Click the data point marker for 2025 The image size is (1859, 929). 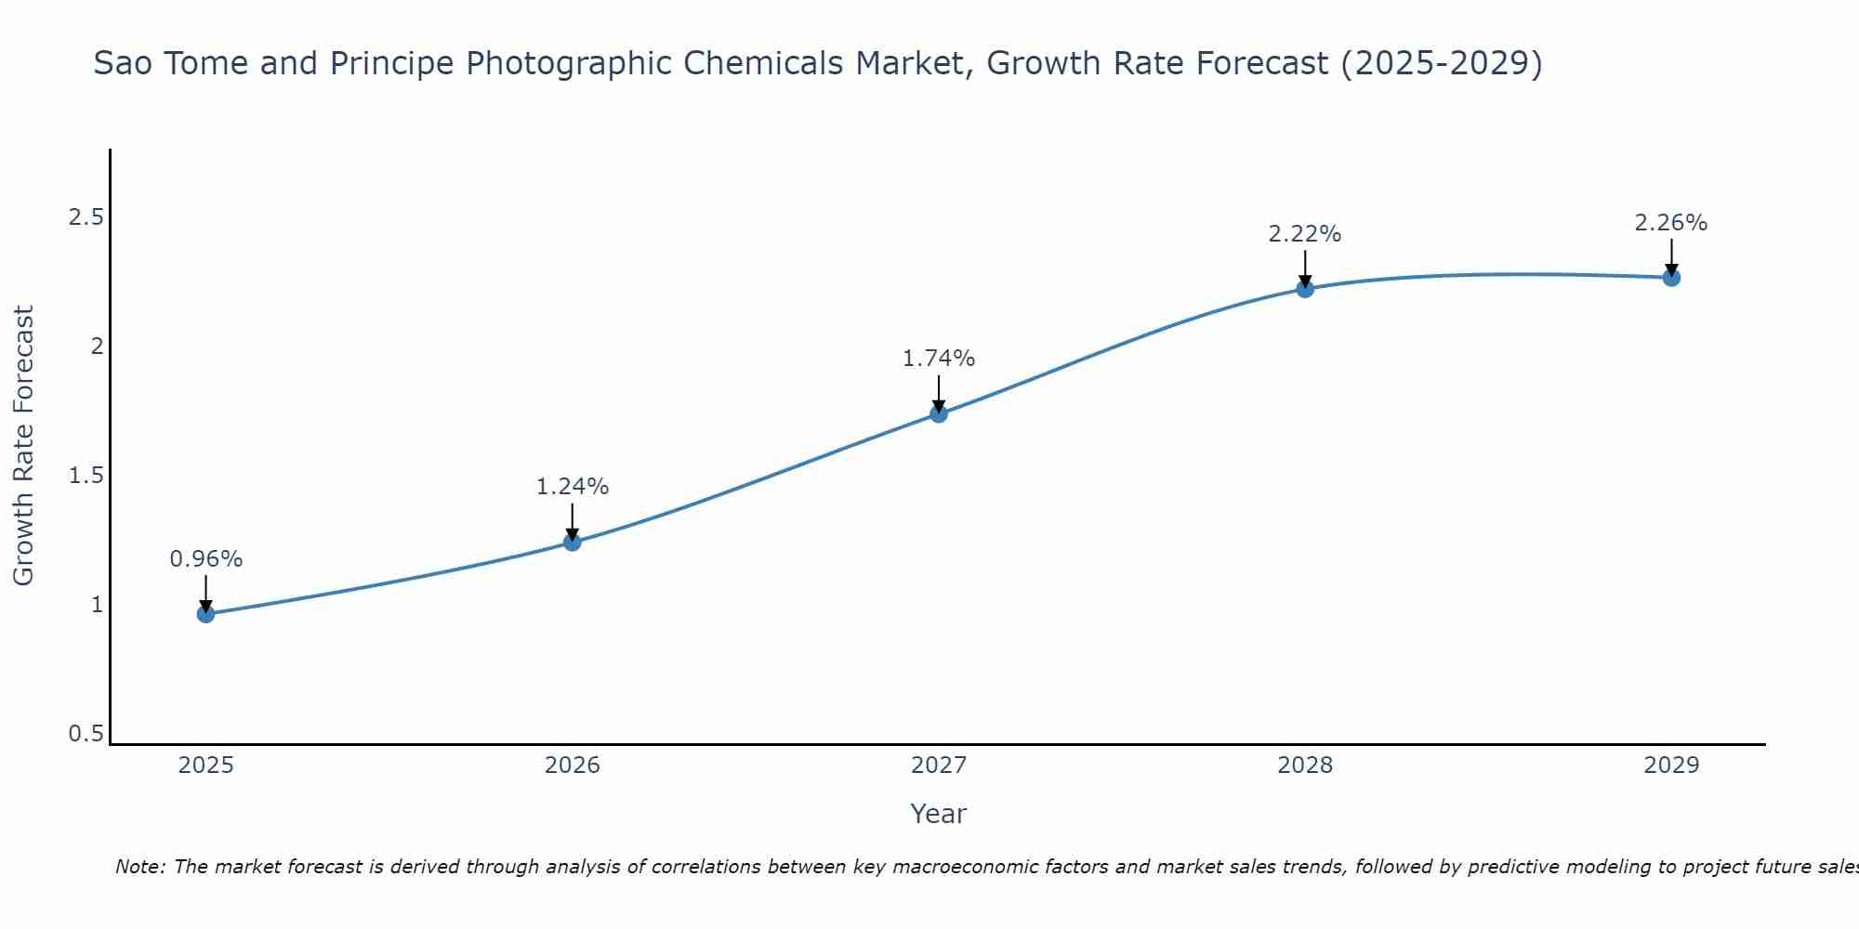tap(206, 614)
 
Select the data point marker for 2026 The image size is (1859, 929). tap(573, 542)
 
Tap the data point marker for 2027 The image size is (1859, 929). tap(939, 413)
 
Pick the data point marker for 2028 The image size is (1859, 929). tap(1305, 289)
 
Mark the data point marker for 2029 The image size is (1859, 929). tap(1671, 278)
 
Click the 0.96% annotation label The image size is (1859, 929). tap(206, 559)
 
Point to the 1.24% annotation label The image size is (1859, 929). tap(573, 487)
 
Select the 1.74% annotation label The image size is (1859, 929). tap(939, 359)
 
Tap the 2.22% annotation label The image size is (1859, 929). tap(1305, 234)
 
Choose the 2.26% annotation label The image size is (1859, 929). tap(1671, 223)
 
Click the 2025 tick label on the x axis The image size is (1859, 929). tap(206, 765)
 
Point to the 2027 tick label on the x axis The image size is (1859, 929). tap(939, 765)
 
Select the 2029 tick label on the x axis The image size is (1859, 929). tap(1671, 765)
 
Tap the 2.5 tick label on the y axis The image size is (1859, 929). tap(86, 217)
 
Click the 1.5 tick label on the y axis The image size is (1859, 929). tap(86, 476)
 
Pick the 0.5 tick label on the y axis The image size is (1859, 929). tap(86, 734)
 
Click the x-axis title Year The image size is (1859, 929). tap(939, 814)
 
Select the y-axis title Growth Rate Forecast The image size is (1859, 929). tap(24, 446)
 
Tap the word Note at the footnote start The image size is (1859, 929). tap(139, 867)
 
